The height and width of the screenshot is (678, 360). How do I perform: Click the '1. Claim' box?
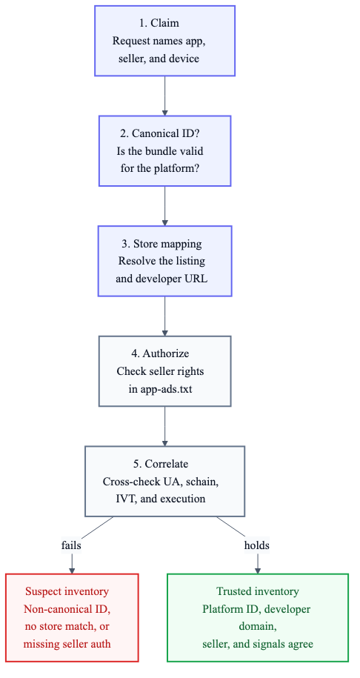[164, 41]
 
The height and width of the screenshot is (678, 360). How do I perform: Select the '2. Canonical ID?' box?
[164, 151]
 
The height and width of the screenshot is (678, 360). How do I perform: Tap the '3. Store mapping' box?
[164, 261]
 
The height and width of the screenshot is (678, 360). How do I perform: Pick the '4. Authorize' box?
[164, 371]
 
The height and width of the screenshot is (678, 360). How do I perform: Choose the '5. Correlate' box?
[164, 481]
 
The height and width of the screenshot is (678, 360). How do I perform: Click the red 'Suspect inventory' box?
[72, 617]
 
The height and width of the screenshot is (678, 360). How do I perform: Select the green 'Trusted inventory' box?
[258, 617]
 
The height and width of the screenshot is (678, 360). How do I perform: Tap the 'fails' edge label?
[71, 545]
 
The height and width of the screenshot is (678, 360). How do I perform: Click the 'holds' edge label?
[257, 545]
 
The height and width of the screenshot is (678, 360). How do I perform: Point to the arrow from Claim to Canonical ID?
[164, 96]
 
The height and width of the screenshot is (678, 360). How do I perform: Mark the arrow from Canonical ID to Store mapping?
[164, 206]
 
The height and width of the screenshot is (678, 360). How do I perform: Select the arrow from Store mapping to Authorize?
[164, 316]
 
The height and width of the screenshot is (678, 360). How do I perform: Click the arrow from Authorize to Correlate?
[164, 426]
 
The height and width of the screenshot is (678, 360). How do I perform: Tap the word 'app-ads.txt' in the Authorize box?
[166, 389]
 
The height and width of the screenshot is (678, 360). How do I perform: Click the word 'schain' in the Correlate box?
[203, 481]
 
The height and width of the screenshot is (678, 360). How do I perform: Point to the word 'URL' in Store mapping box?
[197, 279]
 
